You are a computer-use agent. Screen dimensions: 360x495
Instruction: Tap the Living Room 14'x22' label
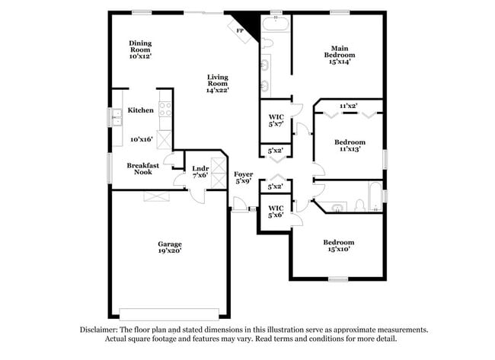218,84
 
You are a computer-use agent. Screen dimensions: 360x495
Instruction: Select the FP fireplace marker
240,30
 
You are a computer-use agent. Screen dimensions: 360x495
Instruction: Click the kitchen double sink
117,117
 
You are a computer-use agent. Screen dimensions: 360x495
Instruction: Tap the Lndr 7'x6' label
200,172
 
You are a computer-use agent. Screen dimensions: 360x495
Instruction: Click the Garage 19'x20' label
169,247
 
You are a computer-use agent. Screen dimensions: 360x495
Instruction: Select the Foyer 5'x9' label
244,178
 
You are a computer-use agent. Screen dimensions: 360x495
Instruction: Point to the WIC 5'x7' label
276,121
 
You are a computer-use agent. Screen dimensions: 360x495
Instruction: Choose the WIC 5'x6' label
276,211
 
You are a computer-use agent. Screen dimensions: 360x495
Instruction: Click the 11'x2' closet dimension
349,106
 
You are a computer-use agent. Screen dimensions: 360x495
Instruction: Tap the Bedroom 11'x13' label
350,145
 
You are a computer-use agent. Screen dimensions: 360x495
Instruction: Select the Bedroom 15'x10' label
339,246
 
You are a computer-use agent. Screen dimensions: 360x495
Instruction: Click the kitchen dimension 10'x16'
141,139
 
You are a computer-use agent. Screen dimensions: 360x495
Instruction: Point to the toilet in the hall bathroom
340,205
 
